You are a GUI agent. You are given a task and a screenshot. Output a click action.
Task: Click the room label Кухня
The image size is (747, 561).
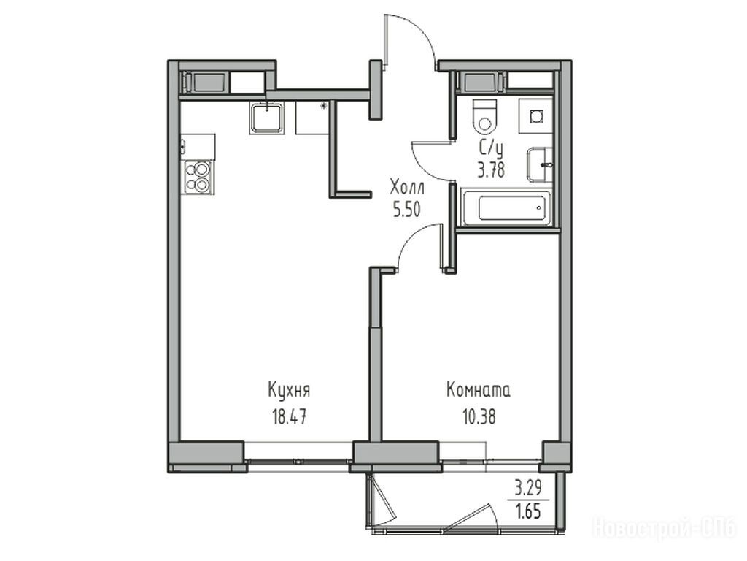click(x=289, y=391)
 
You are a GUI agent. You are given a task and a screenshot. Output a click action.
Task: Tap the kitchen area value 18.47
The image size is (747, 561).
click(x=289, y=417)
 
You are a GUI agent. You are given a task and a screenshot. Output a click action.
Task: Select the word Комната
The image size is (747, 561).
click(x=479, y=390)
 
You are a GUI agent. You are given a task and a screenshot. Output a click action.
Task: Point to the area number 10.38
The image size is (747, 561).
click(x=479, y=417)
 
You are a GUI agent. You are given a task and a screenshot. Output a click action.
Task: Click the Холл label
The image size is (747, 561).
click(x=407, y=187)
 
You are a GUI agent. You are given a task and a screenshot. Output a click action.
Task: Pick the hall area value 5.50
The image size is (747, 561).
click(x=407, y=210)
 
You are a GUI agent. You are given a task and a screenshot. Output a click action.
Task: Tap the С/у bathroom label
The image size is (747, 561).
click(x=491, y=149)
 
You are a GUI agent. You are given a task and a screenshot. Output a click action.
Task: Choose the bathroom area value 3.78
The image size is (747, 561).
click(x=491, y=169)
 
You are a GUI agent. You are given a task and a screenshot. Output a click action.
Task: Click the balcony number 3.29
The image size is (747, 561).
click(x=528, y=489)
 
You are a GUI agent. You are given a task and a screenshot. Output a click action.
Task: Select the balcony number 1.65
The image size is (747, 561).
click(x=528, y=511)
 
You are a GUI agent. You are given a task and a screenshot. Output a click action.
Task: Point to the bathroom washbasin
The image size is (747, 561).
click(x=540, y=165)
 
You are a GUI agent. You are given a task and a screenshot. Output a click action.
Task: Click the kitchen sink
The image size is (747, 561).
click(x=267, y=118)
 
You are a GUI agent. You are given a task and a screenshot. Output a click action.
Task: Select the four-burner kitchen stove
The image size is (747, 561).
click(x=198, y=177)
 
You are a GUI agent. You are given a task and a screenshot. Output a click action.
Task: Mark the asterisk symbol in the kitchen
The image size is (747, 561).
click(x=323, y=106)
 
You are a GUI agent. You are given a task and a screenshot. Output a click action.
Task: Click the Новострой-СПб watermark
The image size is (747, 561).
click(x=665, y=528)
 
